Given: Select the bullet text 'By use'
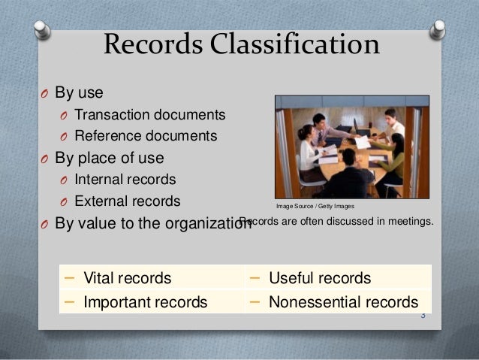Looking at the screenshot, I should click(80, 94).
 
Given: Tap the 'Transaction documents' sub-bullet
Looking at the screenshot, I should click(150, 116).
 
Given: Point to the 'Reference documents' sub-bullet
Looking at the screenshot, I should click(146, 137).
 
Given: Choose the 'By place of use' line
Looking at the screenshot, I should click(110, 159).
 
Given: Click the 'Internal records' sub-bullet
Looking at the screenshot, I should click(125, 180).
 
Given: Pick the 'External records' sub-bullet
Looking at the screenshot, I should click(127, 201).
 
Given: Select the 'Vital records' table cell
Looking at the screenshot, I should click(127, 278).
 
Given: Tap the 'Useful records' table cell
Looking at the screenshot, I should click(320, 278).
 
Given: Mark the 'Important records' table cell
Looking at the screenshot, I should click(145, 302).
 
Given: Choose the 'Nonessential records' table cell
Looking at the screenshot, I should click(343, 302).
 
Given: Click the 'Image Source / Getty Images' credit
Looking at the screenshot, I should click(315, 206).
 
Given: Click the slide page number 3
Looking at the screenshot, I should click(423, 315).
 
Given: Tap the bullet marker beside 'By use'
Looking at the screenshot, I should click(44, 95).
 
